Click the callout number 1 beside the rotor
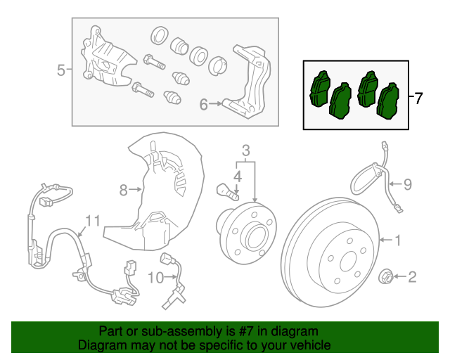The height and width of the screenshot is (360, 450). click(398, 241)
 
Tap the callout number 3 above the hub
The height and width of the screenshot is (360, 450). click(245, 150)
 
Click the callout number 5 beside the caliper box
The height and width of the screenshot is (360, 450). click(60, 70)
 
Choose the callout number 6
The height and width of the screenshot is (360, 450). click(203, 105)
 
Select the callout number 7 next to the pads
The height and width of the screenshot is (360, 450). click(418, 98)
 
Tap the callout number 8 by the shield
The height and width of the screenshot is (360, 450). click(123, 189)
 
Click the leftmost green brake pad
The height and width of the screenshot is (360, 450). click(321, 89)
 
